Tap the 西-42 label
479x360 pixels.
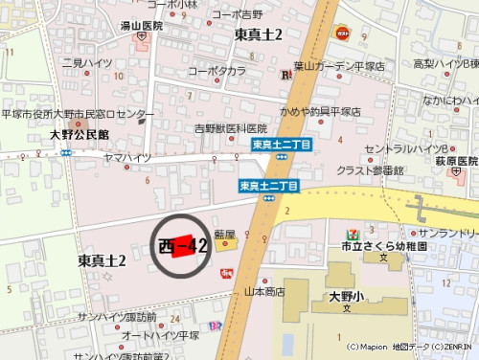coord(182,245)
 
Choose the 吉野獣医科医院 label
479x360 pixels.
coord(231,128)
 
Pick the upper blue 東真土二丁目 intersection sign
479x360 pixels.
coord(277,145)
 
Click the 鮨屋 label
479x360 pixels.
coord(225,233)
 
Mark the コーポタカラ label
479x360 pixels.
coord(217,71)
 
